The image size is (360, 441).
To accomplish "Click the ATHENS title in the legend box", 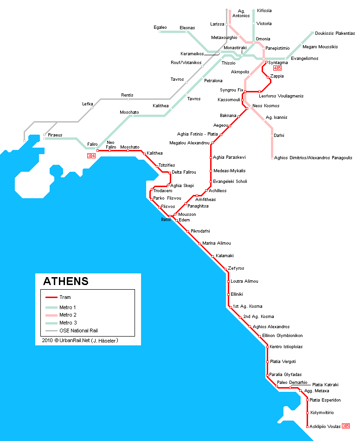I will pyautogui.click(x=65, y=281).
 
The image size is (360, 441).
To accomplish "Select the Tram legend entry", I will pyautogui.click(x=65, y=297).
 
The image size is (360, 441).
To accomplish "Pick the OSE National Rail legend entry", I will pyautogui.click(x=78, y=331).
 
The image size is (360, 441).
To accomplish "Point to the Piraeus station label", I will pyautogui.click(x=55, y=135).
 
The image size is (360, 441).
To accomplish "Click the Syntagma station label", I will pyautogui.click(x=278, y=63).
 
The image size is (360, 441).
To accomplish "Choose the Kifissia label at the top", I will pyautogui.click(x=264, y=11).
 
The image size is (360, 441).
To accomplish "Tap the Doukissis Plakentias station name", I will pyautogui.click(x=334, y=33).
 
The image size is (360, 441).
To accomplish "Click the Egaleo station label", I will pyautogui.click(x=160, y=27).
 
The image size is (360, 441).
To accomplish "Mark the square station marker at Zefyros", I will pyautogui.click(x=225, y=269).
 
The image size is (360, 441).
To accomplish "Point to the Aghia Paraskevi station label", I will pyautogui.click(x=229, y=157).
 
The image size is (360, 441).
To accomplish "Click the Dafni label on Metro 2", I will pyautogui.click(x=279, y=135).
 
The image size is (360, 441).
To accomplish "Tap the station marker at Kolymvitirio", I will pyautogui.click(x=307, y=413).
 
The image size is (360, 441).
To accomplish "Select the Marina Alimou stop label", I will pyautogui.click(x=216, y=243).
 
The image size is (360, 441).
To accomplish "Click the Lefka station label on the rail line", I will pyautogui.click(x=88, y=104).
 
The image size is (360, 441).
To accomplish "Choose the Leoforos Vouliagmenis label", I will pyautogui.click(x=281, y=96).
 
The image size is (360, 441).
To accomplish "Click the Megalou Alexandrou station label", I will pyautogui.click(x=189, y=143).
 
